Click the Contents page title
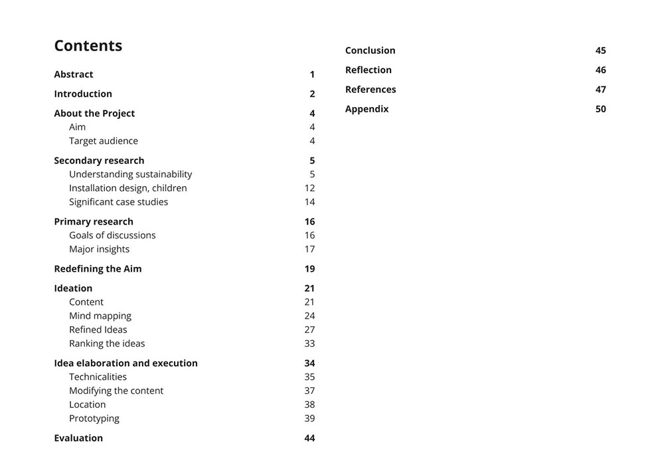pyautogui.click(x=88, y=46)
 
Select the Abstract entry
pyautogui.click(x=74, y=74)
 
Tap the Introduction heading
pyautogui.click(x=83, y=94)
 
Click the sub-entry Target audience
pyautogui.click(x=104, y=141)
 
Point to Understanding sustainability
pyautogui.click(x=130, y=174)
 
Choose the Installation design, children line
pyautogui.click(x=127, y=188)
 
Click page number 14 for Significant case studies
pyautogui.click(x=309, y=202)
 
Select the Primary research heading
pyautogui.click(x=94, y=221)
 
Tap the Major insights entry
pyautogui.click(x=99, y=249)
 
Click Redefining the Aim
pyautogui.click(x=98, y=268)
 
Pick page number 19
pyautogui.click(x=309, y=268)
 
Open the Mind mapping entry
pyautogui.click(x=100, y=316)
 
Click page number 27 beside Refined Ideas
pyautogui.click(x=309, y=329)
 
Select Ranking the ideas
pyautogui.click(x=107, y=343)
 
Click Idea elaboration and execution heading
pyautogui.click(x=125, y=363)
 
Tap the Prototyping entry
pyautogui.click(x=94, y=418)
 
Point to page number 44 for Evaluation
pyautogui.click(x=309, y=438)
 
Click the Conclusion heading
pyautogui.click(x=370, y=50)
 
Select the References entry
pyautogui.click(x=371, y=89)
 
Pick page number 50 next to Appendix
pyautogui.click(x=600, y=109)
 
